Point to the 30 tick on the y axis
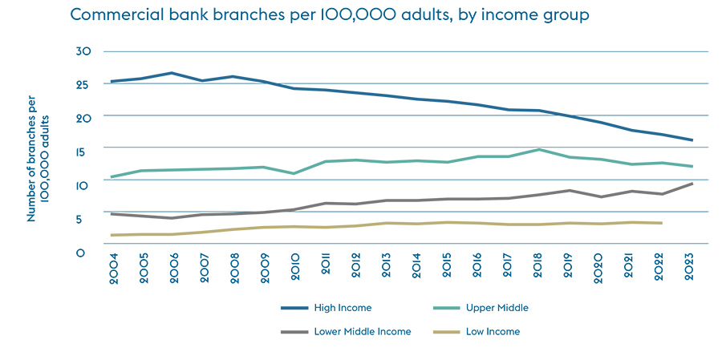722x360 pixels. tap(84, 51)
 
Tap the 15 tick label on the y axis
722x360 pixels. tap(84, 150)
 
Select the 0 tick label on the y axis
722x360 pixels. tap(80, 252)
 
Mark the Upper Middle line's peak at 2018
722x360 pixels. tap(538, 149)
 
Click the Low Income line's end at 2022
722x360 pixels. tap(661, 223)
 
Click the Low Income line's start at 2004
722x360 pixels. tap(112, 235)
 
